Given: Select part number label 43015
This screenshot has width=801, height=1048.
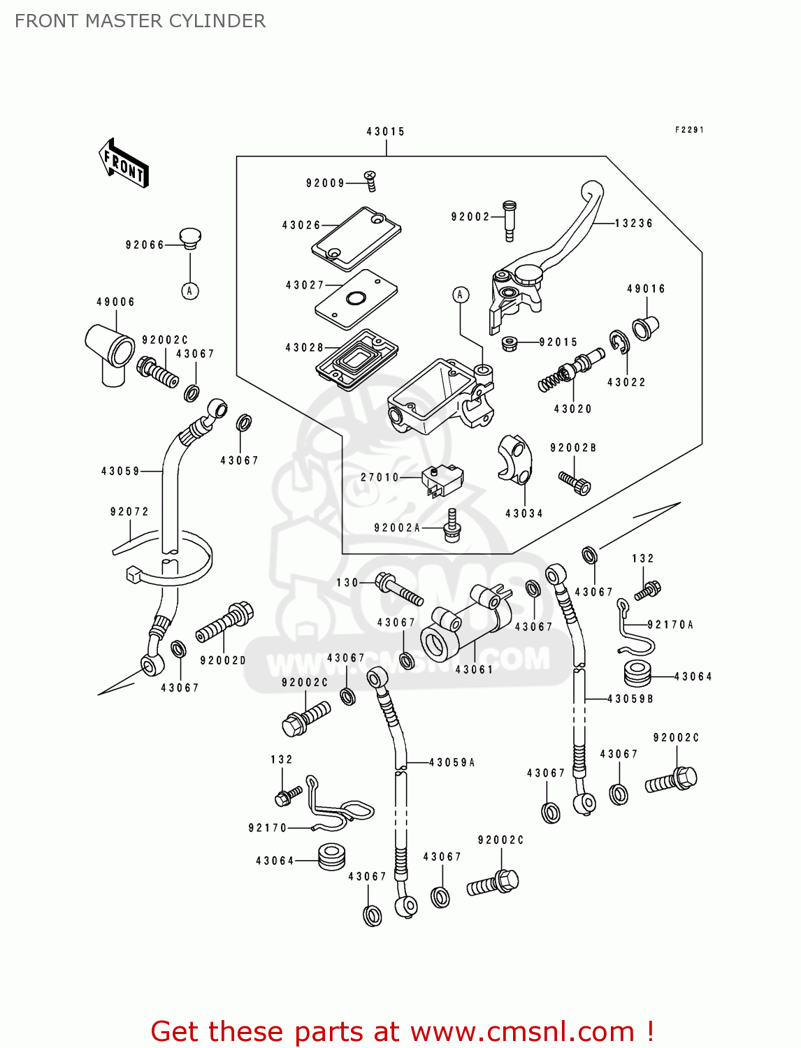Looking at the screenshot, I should pyautogui.click(x=385, y=131).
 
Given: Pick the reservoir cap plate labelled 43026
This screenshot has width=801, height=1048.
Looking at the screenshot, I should pyautogui.click(x=356, y=238).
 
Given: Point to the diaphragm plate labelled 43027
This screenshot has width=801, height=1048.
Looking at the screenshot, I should pyautogui.click(x=356, y=298).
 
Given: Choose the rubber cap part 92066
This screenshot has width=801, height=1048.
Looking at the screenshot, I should pyautogui.click(x=189, y=237).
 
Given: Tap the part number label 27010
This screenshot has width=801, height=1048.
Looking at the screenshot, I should pyautogui.click(x=380, y=477).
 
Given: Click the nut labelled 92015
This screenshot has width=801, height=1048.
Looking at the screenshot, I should pyautogui.click(x=509, y=343).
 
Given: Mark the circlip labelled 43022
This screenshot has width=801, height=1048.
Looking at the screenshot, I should pyautogui.click(x=619, y=342).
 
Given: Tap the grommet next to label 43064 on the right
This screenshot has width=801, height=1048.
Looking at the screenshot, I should pyautogui.click(x=637, y=673).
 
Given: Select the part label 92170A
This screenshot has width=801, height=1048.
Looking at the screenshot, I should pyautogui.click(x=670, y=625).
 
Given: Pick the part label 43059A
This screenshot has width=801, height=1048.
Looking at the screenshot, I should pyautogui.click(x=452, y=762).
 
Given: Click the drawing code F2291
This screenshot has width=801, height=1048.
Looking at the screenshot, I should pyautogui.click(x=689, y=130).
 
